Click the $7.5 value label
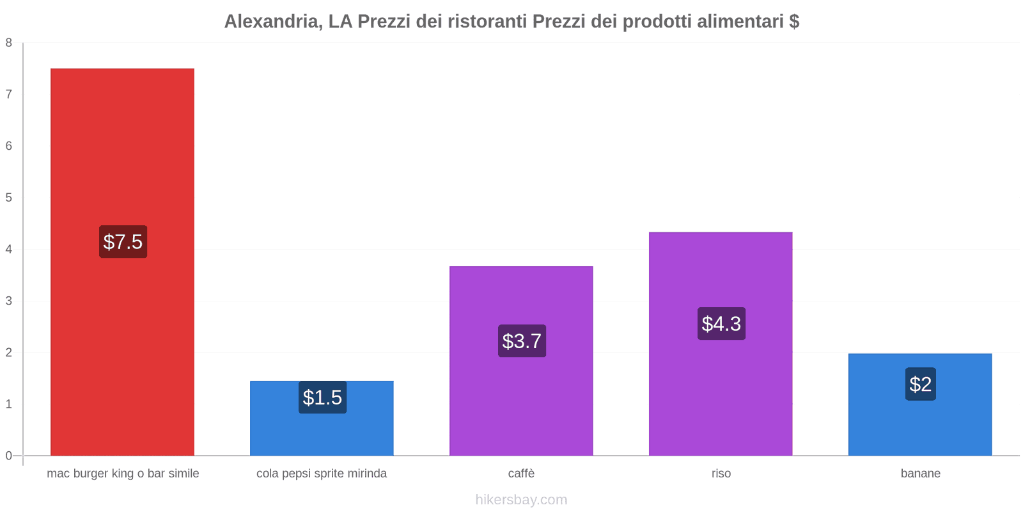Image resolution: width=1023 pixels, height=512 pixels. (123, 242)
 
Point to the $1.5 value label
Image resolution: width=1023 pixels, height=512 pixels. (322, 397)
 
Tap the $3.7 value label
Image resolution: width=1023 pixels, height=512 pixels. (522, 341)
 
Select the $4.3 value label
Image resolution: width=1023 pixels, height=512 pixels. (721, 324)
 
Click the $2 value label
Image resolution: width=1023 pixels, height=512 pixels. (920, 384)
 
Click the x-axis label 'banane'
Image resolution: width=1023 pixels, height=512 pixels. (920, 474)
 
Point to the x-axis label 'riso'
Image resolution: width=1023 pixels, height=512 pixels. (721, 474)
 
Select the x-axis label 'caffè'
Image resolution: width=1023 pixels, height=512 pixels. (521, 474)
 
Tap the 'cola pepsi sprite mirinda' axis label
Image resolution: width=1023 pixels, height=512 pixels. (322, 474)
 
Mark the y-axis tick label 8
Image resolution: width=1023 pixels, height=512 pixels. (9, 43)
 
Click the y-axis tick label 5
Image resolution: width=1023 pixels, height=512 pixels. (9, 198)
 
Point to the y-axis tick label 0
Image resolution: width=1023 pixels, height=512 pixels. (9, 456)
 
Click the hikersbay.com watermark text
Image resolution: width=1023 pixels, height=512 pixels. (521, 500)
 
